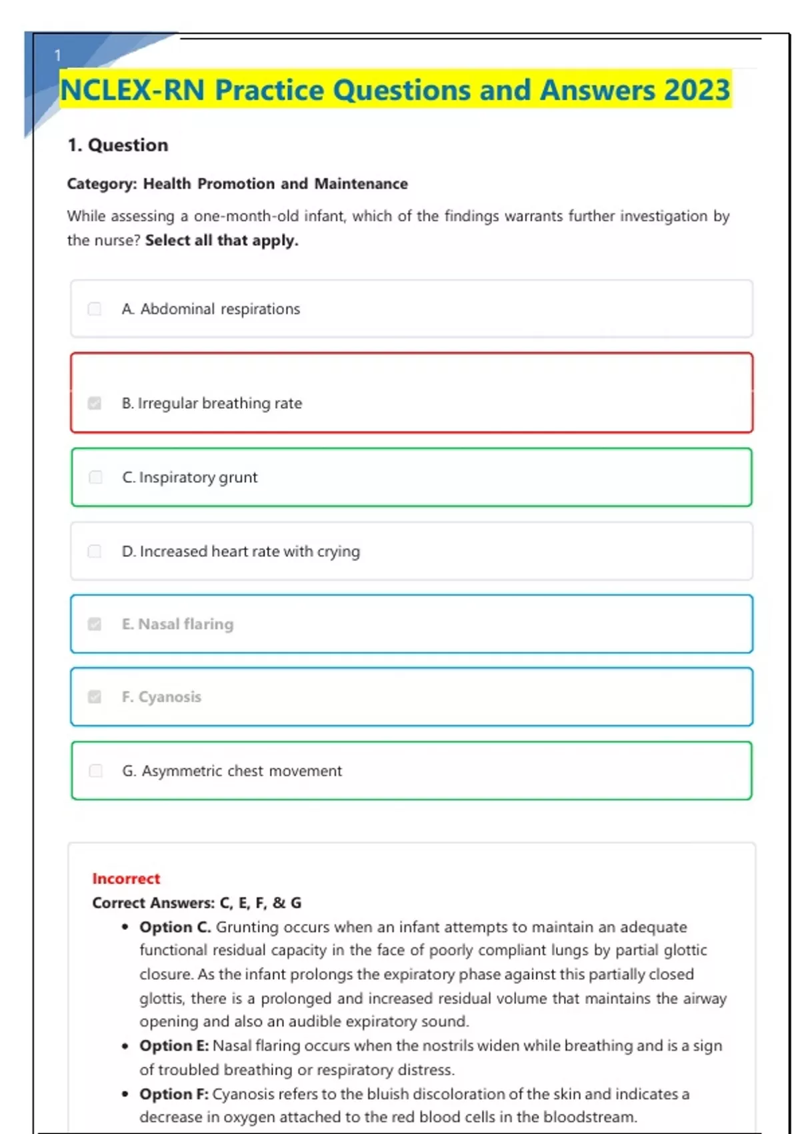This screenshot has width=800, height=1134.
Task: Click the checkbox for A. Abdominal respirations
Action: (95, 309)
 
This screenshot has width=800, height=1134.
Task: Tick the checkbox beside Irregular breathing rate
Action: (95, 403)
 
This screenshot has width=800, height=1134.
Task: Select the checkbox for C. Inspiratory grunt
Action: (95, 477)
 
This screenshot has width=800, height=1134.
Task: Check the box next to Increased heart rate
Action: (95, 551)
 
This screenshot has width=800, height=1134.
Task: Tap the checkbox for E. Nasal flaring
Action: (95, 624)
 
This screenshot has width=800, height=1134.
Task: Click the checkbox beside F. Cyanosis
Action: (95, 696)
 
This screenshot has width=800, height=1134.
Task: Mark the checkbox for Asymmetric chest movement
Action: (95, 770)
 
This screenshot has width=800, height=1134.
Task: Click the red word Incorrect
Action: (126, 879)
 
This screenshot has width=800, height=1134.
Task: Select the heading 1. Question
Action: (118, 145)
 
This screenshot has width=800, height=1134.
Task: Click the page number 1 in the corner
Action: (57, 55)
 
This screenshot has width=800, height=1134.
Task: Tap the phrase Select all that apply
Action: (221, 240)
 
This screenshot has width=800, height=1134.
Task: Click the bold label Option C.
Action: (175, 927)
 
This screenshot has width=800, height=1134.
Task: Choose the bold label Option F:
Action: (174, 1094)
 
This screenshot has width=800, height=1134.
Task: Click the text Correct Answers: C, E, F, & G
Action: (197, 903)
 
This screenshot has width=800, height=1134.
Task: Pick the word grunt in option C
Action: (238, 478)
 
